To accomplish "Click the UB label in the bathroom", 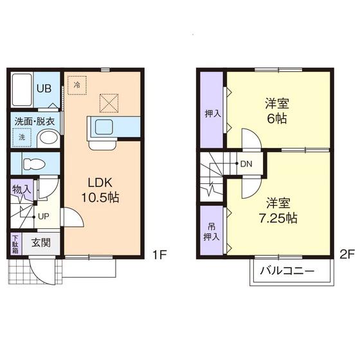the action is (x=44, y=89).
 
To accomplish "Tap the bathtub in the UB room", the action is (x=22, y=89).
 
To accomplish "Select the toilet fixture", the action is (x=35, y=164).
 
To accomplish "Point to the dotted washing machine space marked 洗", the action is (x=22, y=138).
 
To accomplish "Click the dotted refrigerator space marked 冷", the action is (x=77, y=85).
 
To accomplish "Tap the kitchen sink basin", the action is (x=104, y=127).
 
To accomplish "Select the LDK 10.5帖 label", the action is (x=100, y=190).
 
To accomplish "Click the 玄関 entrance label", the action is (x=41, y=243).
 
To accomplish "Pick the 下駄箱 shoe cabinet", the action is (x=15, y=244).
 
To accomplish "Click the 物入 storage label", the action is (x=21, y=190).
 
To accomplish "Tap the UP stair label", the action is (x=44, y=216).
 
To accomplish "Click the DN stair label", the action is (x=246, y=164).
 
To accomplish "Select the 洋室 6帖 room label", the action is (x=277, y=111).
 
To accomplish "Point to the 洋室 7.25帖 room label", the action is (x=278, y=211).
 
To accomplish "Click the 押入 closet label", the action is (x=213, y=114).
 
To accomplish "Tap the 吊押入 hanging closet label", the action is (x=212, y=232).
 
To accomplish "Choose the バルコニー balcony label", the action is (x=287, y=271).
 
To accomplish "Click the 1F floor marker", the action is (x=159, y=255).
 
